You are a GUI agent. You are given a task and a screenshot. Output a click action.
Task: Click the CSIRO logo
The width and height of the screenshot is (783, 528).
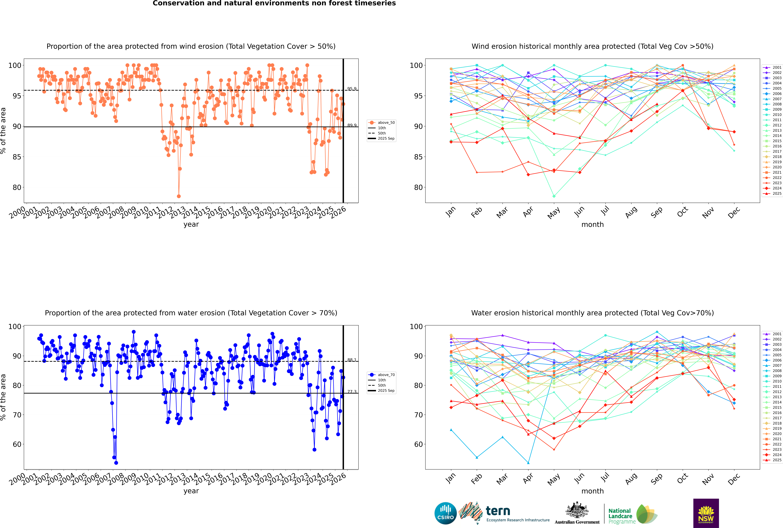(445, 514)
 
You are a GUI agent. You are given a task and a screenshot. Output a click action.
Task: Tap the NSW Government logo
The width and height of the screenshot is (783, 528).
(706, 513)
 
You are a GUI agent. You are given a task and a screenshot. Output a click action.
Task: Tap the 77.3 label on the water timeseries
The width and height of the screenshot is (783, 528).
(352, 392)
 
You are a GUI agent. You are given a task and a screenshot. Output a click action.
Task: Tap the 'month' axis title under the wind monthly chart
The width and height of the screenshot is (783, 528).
(592, 225)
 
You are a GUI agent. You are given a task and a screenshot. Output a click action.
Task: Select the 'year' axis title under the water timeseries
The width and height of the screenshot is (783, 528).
(191, 491)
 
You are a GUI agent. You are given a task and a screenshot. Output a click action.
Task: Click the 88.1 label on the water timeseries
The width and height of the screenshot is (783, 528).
(352, 360)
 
